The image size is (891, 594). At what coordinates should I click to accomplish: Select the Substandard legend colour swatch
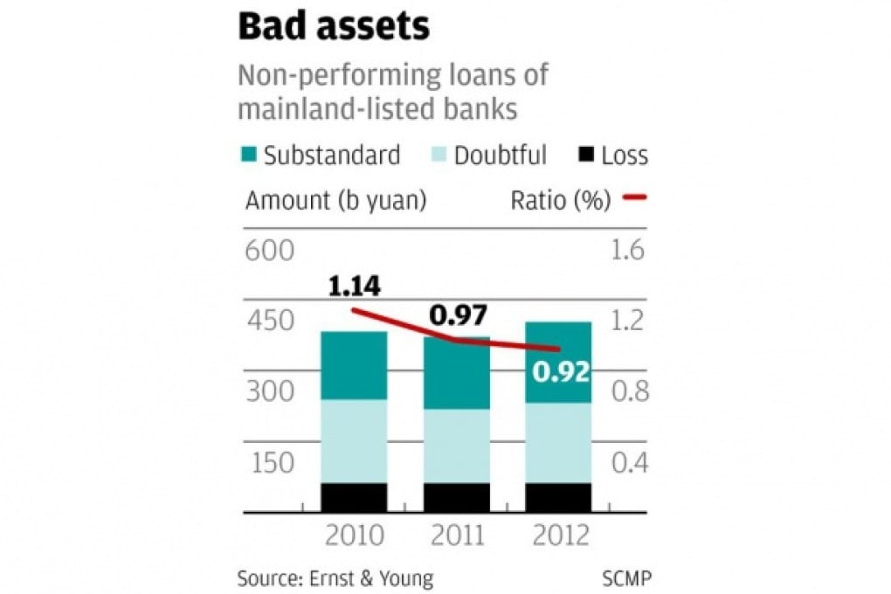248,156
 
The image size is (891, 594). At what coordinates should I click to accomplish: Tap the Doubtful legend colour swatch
439,156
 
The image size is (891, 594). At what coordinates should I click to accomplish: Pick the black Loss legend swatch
586,156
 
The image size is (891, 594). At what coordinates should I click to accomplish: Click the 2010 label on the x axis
354,535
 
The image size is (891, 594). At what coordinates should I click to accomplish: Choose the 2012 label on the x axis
559,535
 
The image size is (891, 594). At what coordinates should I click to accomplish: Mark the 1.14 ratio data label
354,287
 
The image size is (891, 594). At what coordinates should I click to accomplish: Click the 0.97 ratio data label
457,316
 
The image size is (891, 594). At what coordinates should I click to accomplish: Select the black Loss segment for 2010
354,497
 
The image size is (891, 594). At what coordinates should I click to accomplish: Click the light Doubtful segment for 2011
457,445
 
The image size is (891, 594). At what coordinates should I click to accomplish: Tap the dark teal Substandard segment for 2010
354,365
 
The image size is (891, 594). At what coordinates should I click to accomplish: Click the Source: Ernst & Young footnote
335,578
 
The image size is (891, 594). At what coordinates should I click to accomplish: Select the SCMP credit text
626,578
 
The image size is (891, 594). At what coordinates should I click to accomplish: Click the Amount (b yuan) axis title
335,201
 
